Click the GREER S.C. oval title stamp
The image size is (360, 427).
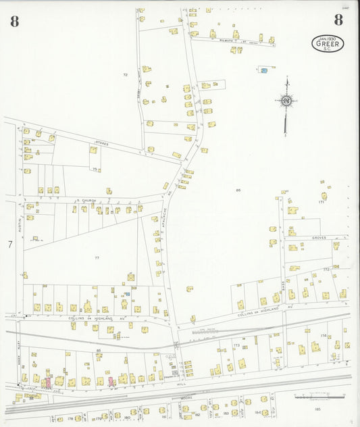[328, 43]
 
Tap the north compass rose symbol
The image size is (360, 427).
[286, 101]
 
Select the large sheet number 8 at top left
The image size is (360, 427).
[15, 20]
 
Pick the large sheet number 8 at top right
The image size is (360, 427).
[338, 20]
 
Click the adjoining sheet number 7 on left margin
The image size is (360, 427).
[10, 245]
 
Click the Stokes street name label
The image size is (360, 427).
[101, 143]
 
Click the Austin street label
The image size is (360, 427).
[21, 220]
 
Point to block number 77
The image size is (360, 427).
[97, 258]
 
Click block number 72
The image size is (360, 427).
[125, 74]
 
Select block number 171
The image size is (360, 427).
[322, 202]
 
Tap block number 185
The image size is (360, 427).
[317, 409]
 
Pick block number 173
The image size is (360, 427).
[236, 345]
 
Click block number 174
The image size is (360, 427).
[323, 336]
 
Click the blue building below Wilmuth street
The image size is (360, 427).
[264, 70]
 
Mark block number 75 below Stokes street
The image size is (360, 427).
[95, 168]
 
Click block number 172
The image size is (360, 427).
[326, 270]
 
